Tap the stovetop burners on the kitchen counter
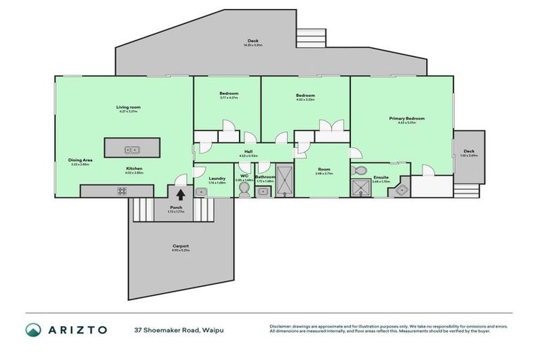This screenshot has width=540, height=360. click(121, 191)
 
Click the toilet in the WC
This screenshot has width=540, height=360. click(244, 190)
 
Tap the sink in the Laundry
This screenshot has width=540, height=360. click(200, 191)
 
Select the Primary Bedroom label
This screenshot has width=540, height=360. click(407, 119)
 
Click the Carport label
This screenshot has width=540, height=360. click(181, 245)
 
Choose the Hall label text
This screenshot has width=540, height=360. click(248, 151)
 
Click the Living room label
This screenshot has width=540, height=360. click(129, 107)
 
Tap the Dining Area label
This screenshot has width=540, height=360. click(80, 160)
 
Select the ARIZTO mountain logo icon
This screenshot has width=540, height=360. click(32, 329)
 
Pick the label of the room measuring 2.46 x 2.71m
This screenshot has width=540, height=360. click(323, 169)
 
